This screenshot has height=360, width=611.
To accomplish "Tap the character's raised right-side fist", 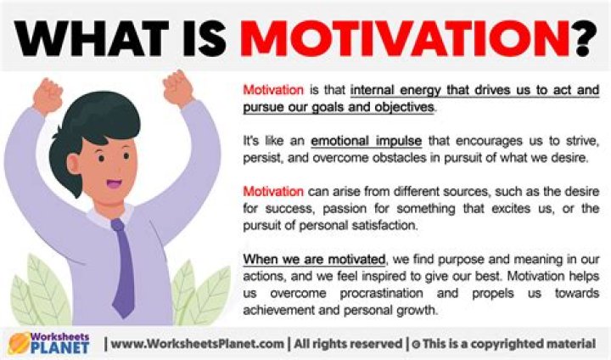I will (179, 87).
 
